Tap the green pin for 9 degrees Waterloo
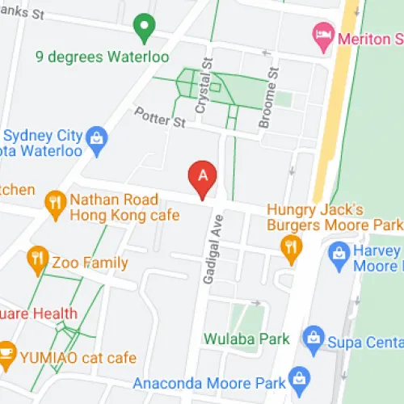[145, 28]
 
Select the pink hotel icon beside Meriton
[321, 36]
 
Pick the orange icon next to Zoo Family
[36, 260]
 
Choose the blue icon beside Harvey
[339, 255]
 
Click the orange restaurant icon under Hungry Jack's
[290, 246]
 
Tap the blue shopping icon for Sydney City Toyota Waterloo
[96, 136]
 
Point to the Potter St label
[160, 119]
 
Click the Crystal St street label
[207, 78]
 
